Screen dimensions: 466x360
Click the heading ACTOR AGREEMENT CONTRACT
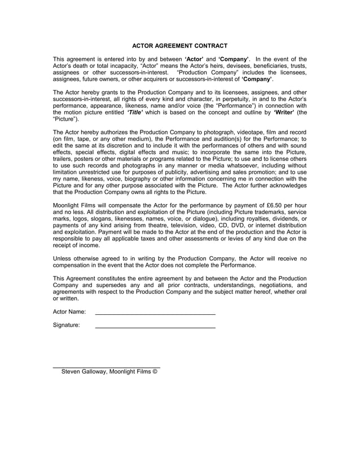coord(179,45)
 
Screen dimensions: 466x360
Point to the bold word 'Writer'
coord(284,112)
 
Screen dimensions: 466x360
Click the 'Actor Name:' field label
coord(69,311)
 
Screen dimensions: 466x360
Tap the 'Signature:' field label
coord(67,325)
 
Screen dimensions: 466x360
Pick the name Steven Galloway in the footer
coord(85,372)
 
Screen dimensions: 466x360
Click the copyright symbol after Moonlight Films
coord(155,372)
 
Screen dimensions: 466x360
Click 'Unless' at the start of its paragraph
coord(63,258)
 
